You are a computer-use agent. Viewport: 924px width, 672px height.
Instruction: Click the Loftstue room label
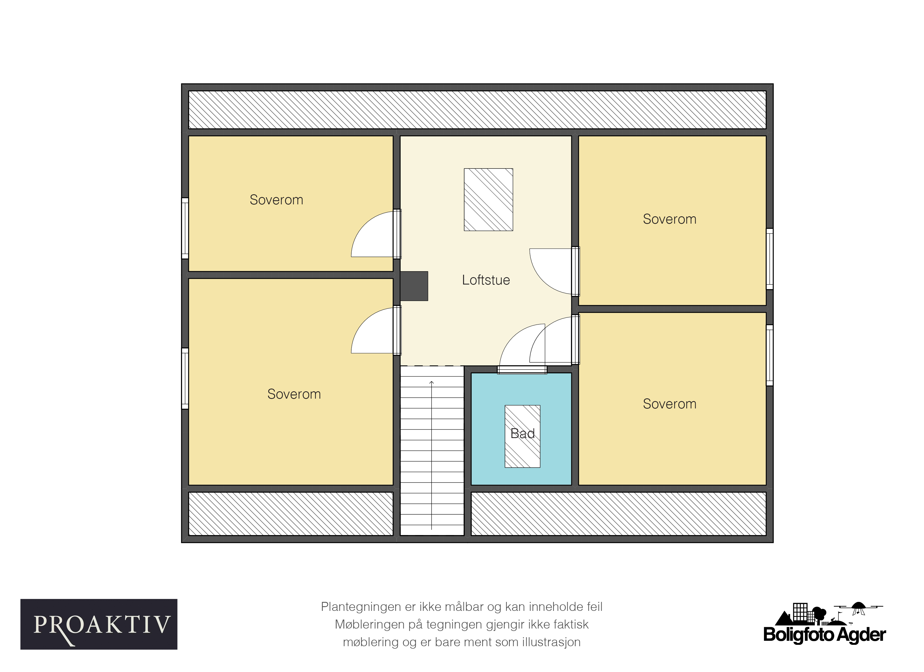pyautogui.click(x=486, y=280)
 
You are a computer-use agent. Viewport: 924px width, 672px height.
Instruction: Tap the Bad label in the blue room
pyautogui.click(x=522, y=433)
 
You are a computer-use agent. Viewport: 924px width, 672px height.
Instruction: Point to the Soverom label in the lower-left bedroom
pyautogui.click(x=294, y=394)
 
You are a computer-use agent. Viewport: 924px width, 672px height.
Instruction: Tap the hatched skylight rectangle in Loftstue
pyautogui.click(x=488, y=199)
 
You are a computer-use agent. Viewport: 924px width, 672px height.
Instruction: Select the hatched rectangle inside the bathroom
pyautogui.click(x=522, y=436)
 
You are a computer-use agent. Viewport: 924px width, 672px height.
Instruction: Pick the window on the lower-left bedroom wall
pyautogui.click(x=185, y=378)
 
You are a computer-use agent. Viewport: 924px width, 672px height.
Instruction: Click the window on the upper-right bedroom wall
pyautogui.click(x=770, y=259)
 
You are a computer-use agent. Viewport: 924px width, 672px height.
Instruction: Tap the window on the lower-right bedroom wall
pyautogui.click(x=770, y=355)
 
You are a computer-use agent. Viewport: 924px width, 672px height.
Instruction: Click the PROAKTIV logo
pyautogui.click(x=99, y=624)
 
